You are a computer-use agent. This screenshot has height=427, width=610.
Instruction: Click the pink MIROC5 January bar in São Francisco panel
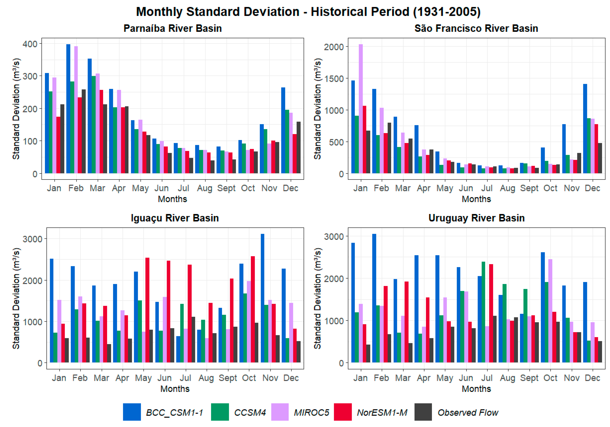click(x=360, y=109)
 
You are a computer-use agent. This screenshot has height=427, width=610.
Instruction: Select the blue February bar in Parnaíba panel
click(x=68, y=109)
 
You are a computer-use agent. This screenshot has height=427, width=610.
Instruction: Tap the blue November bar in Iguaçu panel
click(x=262, y=298)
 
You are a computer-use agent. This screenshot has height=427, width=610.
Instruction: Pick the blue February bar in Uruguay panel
click(x=374, y=298)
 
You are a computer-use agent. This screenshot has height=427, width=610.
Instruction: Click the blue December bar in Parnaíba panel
click(x=283, y=130)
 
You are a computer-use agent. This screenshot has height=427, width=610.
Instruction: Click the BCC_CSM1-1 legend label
click(x=175, y=412)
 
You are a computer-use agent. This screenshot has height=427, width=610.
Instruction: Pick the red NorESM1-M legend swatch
click(x=343, y=412)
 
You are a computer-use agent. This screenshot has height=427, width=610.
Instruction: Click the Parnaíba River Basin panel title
click(x=173, y=28)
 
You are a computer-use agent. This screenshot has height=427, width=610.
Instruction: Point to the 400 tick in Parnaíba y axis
click(x=30, y=44)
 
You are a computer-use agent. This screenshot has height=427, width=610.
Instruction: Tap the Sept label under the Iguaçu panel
click(x=228, y=378)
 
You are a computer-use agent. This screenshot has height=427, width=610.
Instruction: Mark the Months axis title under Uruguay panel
click(x=476, y=389)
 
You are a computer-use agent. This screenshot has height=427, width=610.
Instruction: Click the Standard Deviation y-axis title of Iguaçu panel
click(x=16, y=298)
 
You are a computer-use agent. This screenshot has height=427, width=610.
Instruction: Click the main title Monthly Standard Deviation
click(x=308, y=12)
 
